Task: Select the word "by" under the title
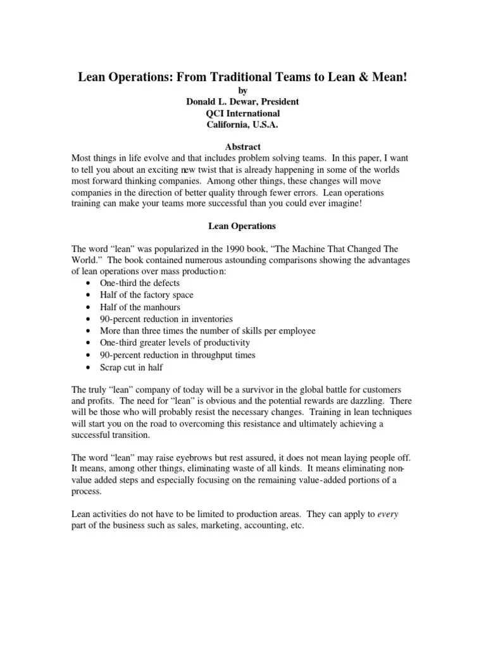pos(243,91)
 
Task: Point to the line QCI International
pos(243,113)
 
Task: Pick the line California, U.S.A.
pos(243,125)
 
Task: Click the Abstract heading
pos(243,147)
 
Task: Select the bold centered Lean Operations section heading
pos(242,225)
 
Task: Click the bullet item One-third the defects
pos(140,283)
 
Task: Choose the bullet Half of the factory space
pos(146,295)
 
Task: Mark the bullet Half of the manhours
pos(140,307)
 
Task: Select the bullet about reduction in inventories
pos(166,319)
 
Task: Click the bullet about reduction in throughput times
pos(178,355)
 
